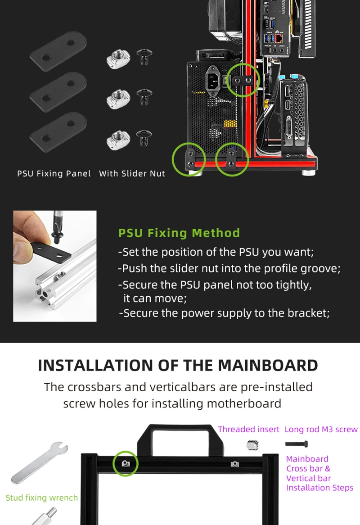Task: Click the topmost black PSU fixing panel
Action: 58,51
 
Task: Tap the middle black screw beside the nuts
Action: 144,97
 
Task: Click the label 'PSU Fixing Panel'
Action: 54,173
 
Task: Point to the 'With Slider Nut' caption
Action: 132,173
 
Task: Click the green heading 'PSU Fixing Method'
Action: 179,233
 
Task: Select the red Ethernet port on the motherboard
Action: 279,39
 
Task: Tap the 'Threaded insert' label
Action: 248,429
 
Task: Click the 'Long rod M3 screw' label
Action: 321,429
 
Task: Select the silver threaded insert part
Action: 252,445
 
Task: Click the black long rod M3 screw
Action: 297,444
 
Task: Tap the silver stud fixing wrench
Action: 40,462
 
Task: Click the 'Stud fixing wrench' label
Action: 42,498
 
